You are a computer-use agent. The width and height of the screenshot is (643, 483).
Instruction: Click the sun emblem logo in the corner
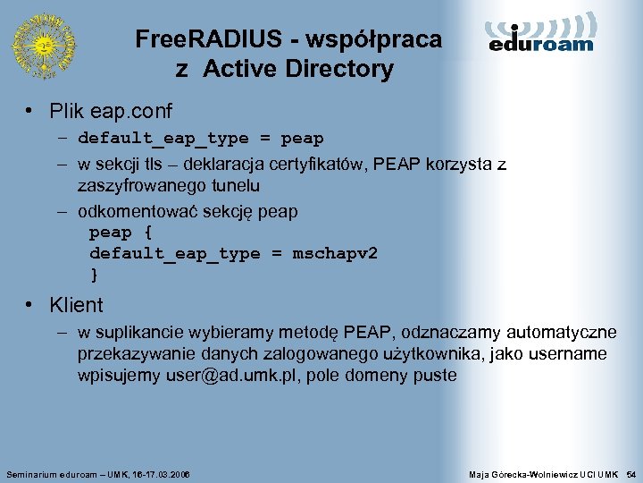(x=43, y=45)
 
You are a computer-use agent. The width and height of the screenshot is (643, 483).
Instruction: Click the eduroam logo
(x=541, y=34)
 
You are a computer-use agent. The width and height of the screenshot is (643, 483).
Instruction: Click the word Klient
(x=76, y=305)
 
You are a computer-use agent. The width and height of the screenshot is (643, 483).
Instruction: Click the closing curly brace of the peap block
(x=94, y=274)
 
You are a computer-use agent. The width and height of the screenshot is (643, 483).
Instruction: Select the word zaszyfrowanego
(x=133, y=186)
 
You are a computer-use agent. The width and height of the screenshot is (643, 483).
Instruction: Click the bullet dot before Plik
(x=29, y=112)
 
